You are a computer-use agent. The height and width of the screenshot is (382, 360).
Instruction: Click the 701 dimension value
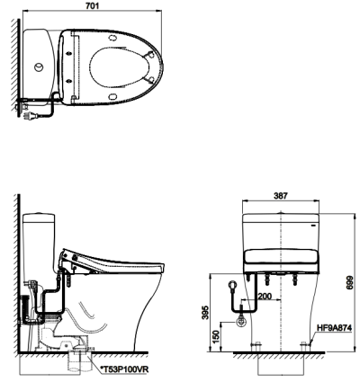coord(93,5)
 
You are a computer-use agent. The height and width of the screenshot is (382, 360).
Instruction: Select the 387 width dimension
coord(281,196)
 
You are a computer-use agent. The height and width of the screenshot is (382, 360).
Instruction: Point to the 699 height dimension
coord(349,282)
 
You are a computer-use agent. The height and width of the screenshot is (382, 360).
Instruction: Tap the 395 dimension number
coord(205,313)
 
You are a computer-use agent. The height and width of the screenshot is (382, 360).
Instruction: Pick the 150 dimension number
coord(217,336)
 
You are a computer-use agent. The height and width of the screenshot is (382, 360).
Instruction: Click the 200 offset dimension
coord(265,297)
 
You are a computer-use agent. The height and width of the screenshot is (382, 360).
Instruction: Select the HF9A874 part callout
coord(334,328)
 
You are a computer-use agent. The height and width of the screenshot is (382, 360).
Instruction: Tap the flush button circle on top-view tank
coord(39,67)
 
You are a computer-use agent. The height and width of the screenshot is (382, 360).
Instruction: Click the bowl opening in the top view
coord(120,67)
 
